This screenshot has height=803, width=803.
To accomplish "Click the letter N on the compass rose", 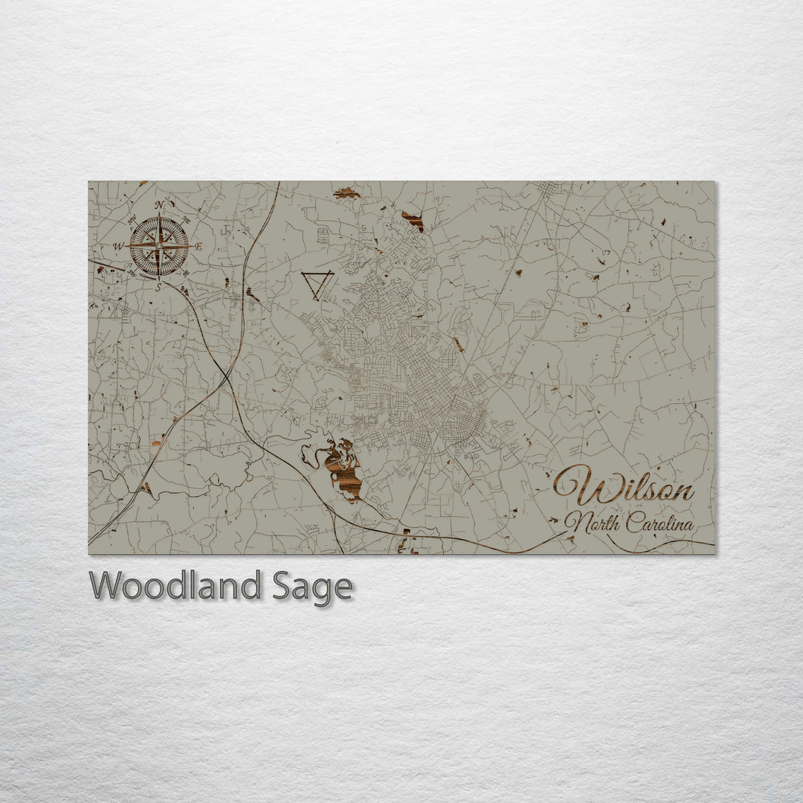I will [x=159, y=205].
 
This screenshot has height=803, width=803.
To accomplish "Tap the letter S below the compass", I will [x=158, y=286].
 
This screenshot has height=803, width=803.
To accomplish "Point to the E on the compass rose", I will [x=198, y=246].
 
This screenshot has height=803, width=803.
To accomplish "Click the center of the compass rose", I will [x=158, y=245].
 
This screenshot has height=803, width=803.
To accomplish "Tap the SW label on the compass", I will [x=132, y=271].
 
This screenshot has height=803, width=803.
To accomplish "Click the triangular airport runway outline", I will [x=317, y=284].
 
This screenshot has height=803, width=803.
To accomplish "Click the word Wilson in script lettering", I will [x=625, y=488].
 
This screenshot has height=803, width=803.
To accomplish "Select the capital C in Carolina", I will [x=632, y=523].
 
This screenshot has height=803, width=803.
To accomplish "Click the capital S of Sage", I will [x=282, y=586].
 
